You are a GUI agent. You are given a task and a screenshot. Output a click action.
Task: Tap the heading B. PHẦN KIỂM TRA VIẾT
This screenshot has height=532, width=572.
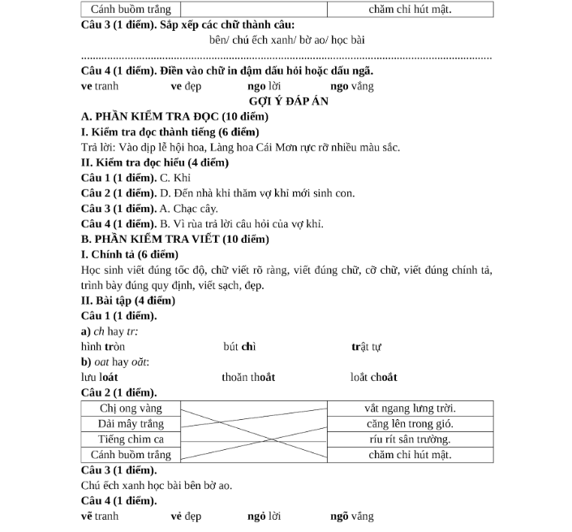tap(176, 239)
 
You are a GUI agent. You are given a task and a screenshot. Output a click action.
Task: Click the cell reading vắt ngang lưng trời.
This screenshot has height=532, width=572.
tap(409, 408)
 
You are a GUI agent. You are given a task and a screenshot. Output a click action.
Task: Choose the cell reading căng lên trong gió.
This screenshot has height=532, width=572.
tap(409, 423)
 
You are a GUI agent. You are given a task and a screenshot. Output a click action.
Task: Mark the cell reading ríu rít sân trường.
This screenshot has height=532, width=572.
tap(409, 439)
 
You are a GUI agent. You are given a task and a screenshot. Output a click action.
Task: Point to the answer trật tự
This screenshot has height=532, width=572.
tap(366, 347)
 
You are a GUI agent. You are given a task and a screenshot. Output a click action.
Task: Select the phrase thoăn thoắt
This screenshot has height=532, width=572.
tap(248, 377)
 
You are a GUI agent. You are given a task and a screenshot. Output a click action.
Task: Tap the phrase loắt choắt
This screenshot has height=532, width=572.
tap(373, 377)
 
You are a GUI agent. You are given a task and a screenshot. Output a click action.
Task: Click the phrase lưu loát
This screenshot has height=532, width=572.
tap(100, 377)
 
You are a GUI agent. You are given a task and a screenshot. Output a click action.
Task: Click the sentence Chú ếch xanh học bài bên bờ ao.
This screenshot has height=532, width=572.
tap(157, 486)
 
